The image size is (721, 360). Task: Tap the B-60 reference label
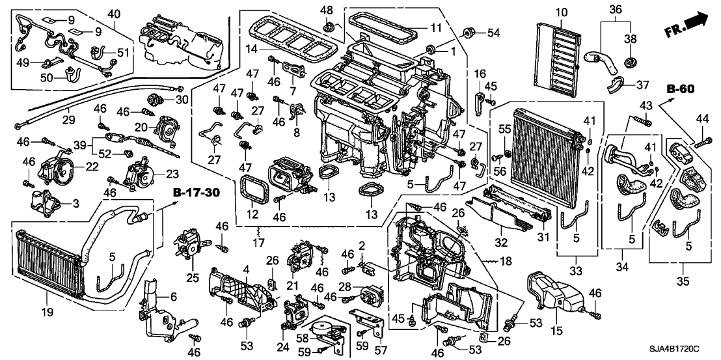coord(681,89)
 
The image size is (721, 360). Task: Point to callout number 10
coord(562,12)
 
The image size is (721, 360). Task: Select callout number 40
coord(114,14)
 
